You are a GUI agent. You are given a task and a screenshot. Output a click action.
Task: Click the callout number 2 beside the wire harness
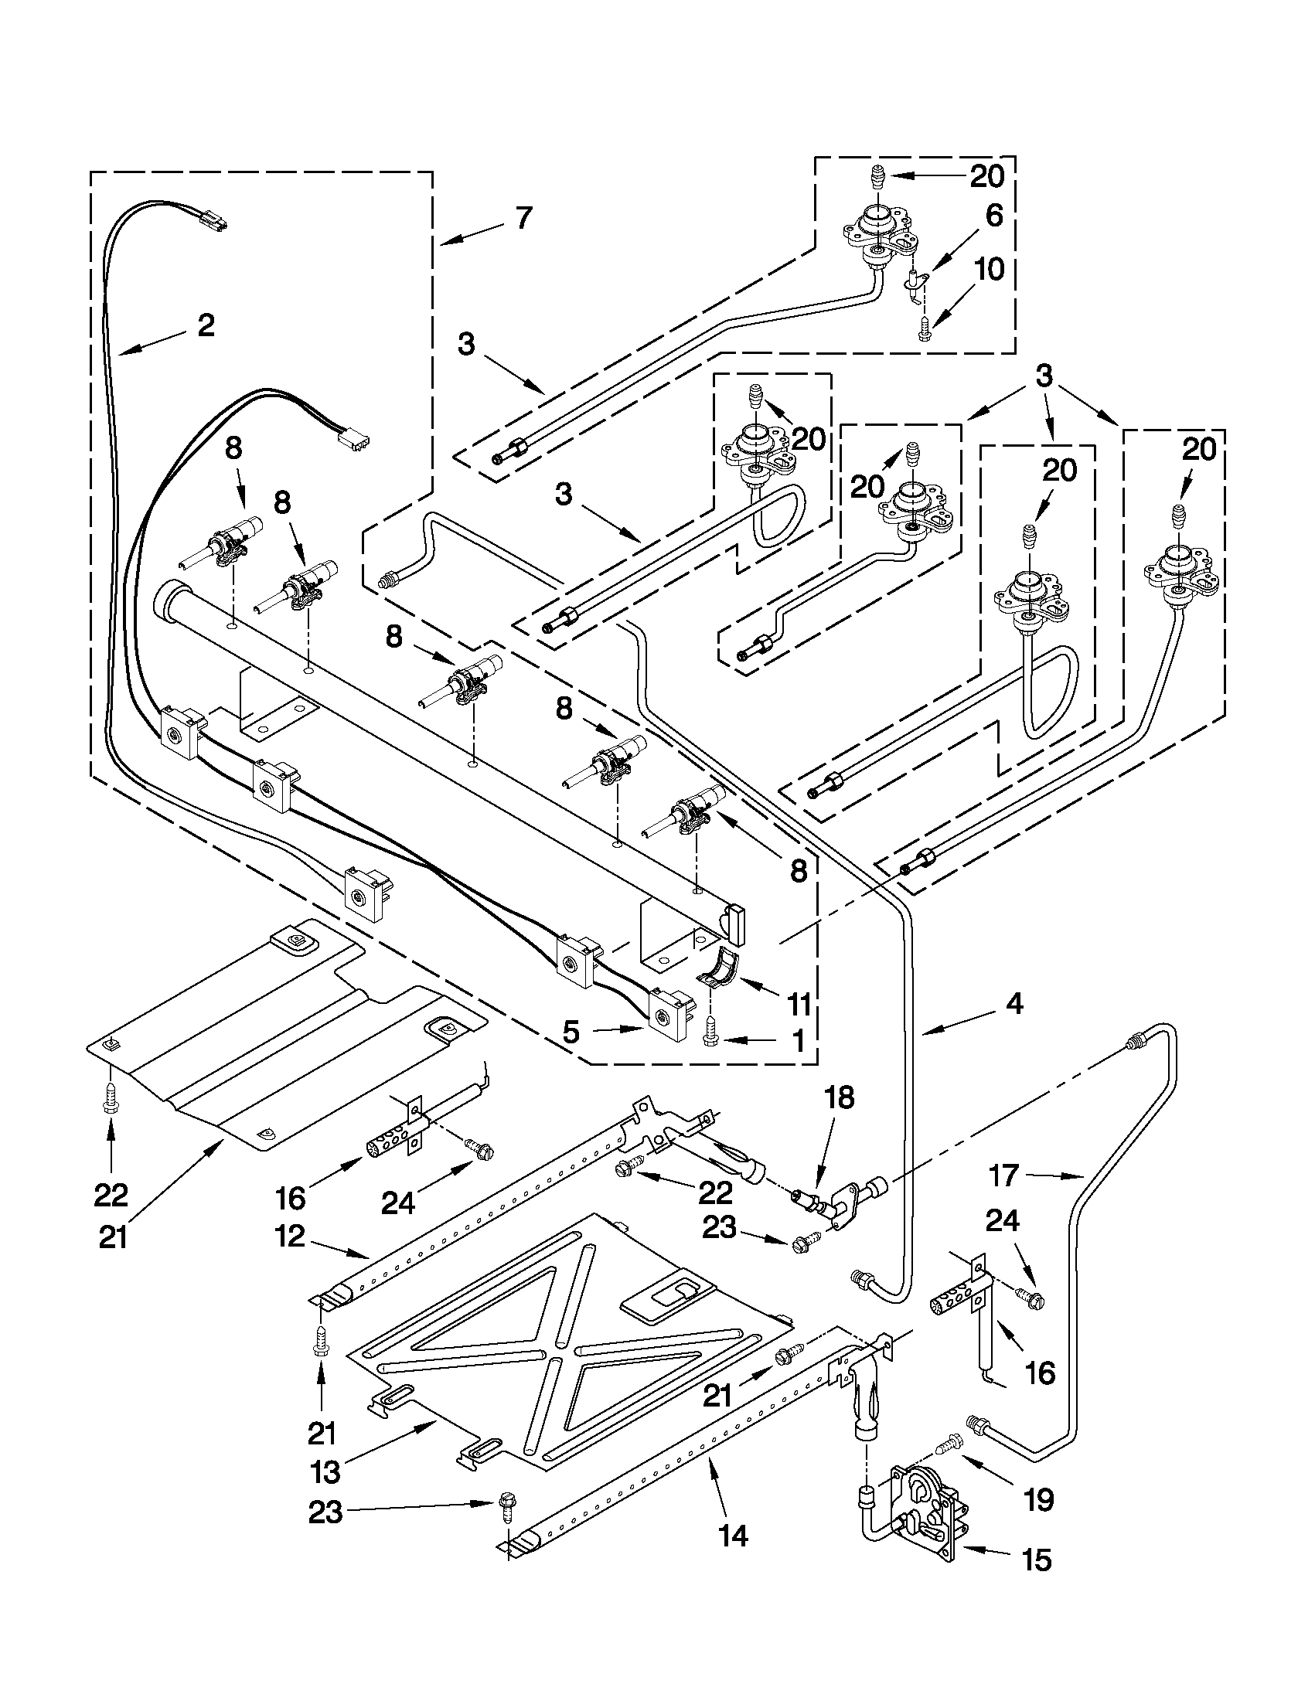(x=205, y=325)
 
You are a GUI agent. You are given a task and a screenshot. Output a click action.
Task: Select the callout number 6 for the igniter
(x=993, y=216)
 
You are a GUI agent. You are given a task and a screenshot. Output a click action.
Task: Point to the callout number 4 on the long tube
(x=1014, y=1004)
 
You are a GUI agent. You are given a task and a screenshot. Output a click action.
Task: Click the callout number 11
(x=799, y=1004)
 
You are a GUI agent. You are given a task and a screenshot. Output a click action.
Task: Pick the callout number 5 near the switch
(x=572, y=1032)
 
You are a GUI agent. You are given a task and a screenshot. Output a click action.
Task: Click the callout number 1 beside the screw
(x=797, y=1039)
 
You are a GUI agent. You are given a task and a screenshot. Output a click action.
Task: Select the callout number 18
(x=840, y=1097)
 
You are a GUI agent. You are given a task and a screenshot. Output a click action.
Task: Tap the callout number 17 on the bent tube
(x=1003, y=1175)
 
